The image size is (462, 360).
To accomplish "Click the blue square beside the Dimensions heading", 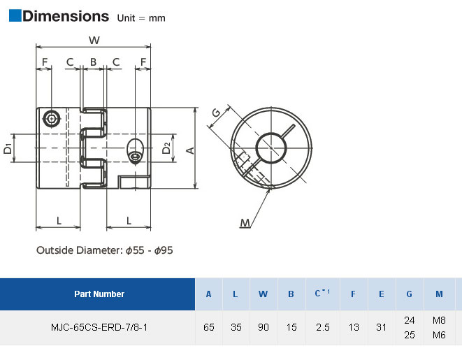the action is click(15, 15).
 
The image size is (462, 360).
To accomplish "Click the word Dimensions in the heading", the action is click(66, 16).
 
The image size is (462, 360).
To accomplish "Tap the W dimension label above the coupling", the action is click(94, 40).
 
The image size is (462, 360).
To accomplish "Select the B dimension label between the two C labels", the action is click(93, 62).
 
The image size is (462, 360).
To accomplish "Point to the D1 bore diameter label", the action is click(8, 148).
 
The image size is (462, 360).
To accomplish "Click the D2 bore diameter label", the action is click(166, 148).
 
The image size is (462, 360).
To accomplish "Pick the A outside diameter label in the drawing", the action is click(190, 150).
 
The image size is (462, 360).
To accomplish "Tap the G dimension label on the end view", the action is click(217, 113).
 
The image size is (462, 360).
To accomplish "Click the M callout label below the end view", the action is click(245, 223).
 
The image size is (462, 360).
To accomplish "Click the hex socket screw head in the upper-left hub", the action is click(52, 119).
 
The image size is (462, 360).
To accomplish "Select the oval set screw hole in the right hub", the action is click(135, 150).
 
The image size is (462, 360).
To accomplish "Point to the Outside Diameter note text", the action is click(105, 250).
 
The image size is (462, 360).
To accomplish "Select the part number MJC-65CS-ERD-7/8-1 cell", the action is click(99, 327).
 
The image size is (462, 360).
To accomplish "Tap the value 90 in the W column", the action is click(264, 327).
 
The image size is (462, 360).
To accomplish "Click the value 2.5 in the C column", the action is click(323, 327).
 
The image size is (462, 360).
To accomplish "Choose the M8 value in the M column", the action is click(439, 320).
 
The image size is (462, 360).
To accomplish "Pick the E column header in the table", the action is click(381, 294).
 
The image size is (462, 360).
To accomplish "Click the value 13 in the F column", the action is click(354, 327).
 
